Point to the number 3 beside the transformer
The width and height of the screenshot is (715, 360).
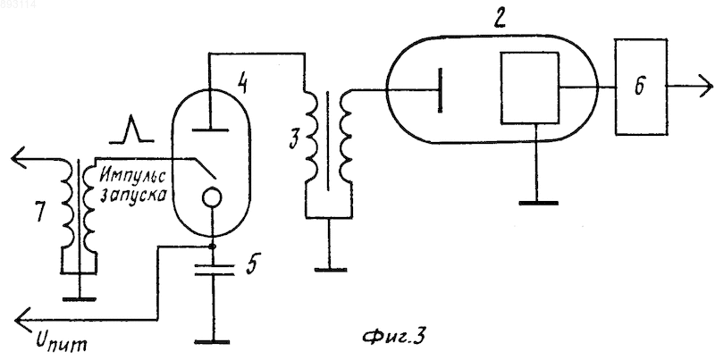point(294,140)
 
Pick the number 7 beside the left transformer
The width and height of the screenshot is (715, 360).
point(40,213)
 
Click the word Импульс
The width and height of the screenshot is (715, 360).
point(132,175)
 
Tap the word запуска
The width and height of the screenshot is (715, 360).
point(132,197)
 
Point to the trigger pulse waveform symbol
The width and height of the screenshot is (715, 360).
point(130,130)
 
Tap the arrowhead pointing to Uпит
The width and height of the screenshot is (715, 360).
point(21,320)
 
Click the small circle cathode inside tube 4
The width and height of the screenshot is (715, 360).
point(212,198)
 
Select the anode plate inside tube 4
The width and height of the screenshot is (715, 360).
point(209,130)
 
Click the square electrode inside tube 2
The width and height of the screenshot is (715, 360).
point(530,88)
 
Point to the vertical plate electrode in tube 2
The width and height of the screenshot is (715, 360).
point(440,90)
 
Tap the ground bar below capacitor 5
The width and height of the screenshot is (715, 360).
point(212,342)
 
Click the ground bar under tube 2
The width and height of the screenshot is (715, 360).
point(538,203)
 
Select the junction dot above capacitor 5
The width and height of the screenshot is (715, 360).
point(212,247)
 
